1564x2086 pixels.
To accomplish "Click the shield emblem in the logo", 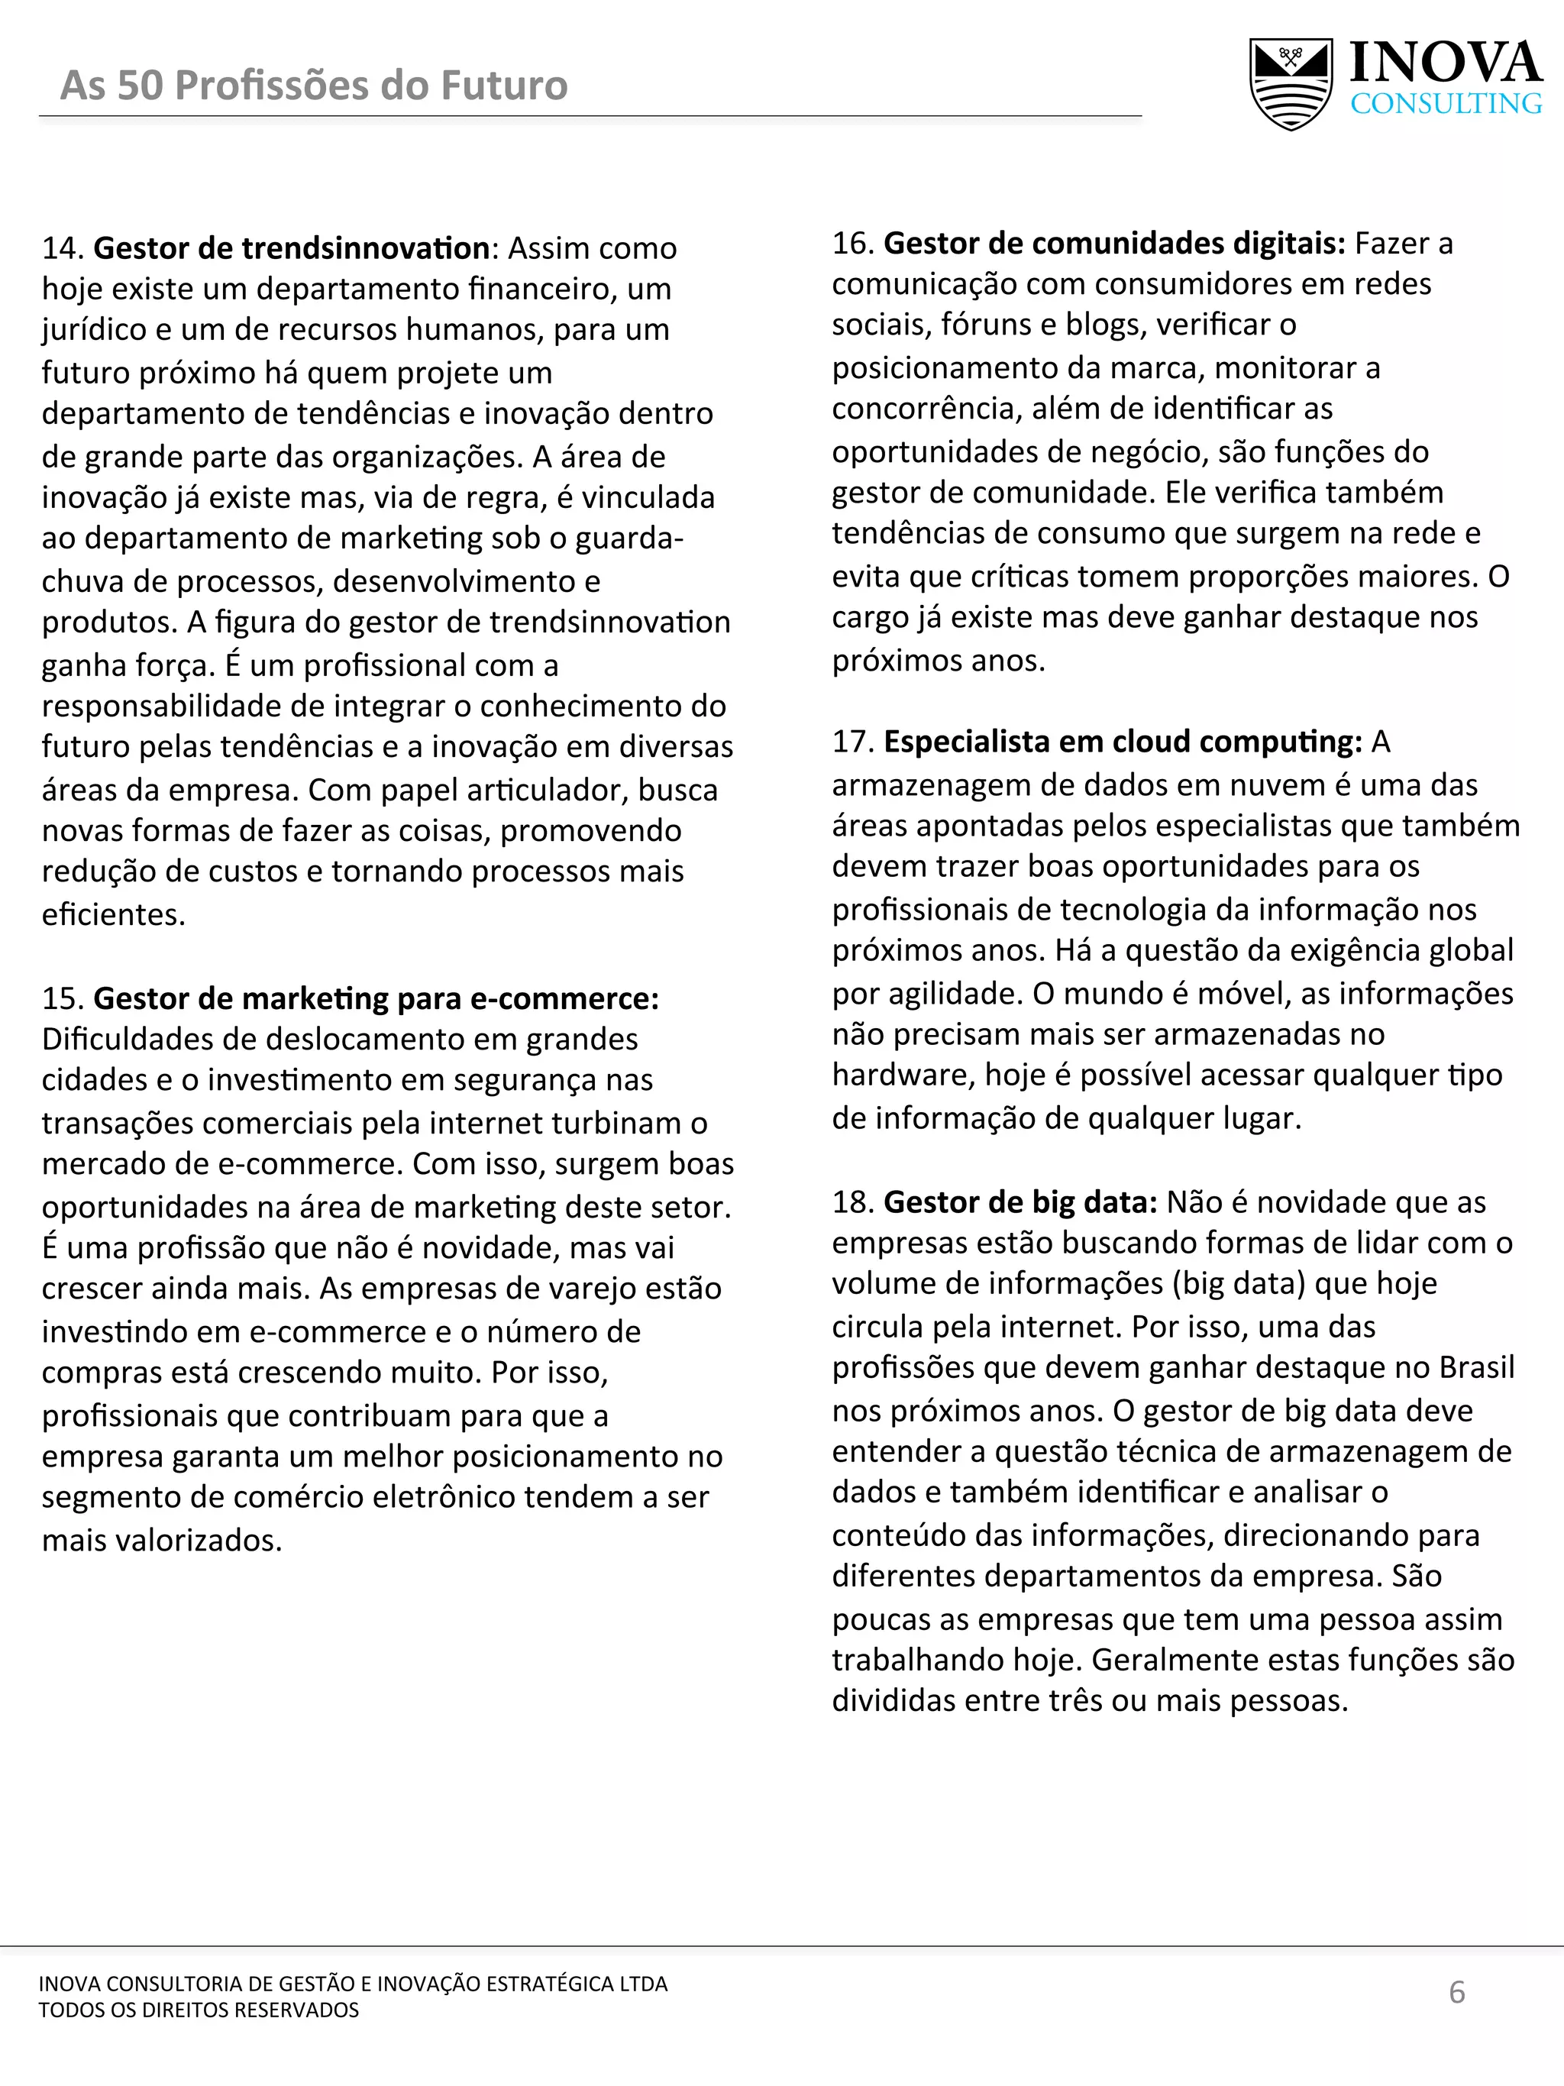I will click(x=1291, y=83).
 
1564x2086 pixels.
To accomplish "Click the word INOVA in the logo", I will click(x=1445, y=63).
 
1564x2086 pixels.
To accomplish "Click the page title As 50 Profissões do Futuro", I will click(x=314, y=85).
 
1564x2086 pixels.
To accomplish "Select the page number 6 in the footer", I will click(x=1456, y=1992).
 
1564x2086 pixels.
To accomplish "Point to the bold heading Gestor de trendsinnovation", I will click(x=291, y=248).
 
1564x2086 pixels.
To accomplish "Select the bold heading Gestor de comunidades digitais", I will click(x=1114, y=244).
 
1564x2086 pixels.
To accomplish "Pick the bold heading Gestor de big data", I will click(x=1020, y=1201).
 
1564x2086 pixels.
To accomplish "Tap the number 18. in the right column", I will click(x=853, y=1201).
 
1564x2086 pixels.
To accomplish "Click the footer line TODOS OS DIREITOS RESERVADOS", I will click(x=199, y=2010).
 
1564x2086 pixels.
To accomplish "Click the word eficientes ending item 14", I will click(x=112, y=914).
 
